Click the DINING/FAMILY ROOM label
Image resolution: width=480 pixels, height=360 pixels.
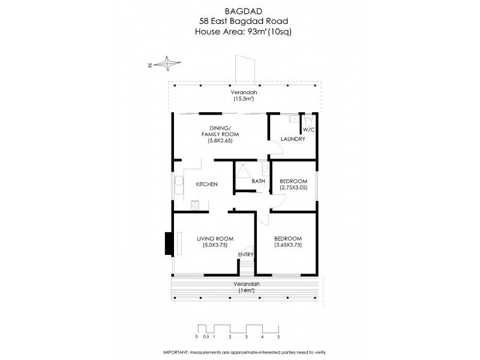point(217,134)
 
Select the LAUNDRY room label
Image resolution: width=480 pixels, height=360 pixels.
point(293,139)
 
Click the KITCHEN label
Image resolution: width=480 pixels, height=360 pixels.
point(207,184)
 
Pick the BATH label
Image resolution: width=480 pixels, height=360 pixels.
point(258,181)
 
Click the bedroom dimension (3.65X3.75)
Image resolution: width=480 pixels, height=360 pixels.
point(289,245)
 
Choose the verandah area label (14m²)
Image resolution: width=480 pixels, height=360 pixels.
point(245,290)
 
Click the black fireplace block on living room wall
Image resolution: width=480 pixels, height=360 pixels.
point(169,243)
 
